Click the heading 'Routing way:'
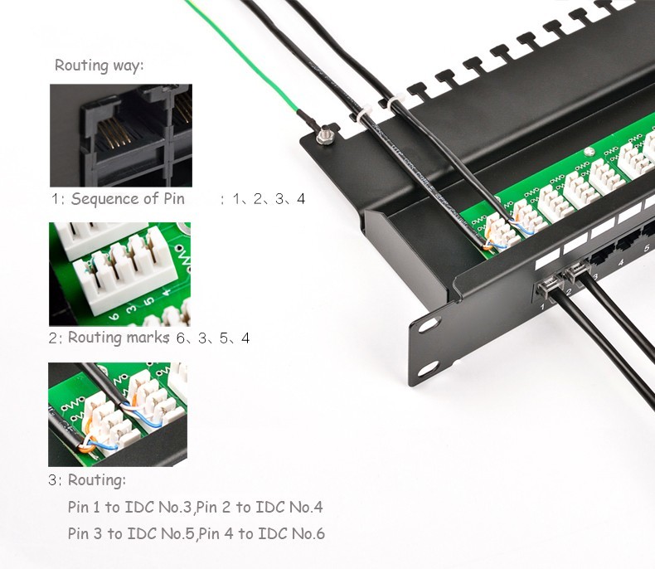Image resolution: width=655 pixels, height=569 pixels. click(x=99, y=66)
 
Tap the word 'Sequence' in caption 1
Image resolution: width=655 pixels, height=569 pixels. click(x=104, y=199)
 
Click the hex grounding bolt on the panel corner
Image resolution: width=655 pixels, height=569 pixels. click(x=325, y=134)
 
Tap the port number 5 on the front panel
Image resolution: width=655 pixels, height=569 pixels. click(x=646, y=248)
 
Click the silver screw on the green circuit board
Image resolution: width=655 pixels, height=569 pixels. click(x=588, y=152)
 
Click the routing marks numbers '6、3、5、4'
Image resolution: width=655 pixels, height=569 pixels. click(x=212, y=338)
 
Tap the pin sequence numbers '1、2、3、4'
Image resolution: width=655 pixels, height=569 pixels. click(x=268, y=199)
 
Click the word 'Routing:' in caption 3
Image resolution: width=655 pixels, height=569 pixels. click(x=97, y=480)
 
